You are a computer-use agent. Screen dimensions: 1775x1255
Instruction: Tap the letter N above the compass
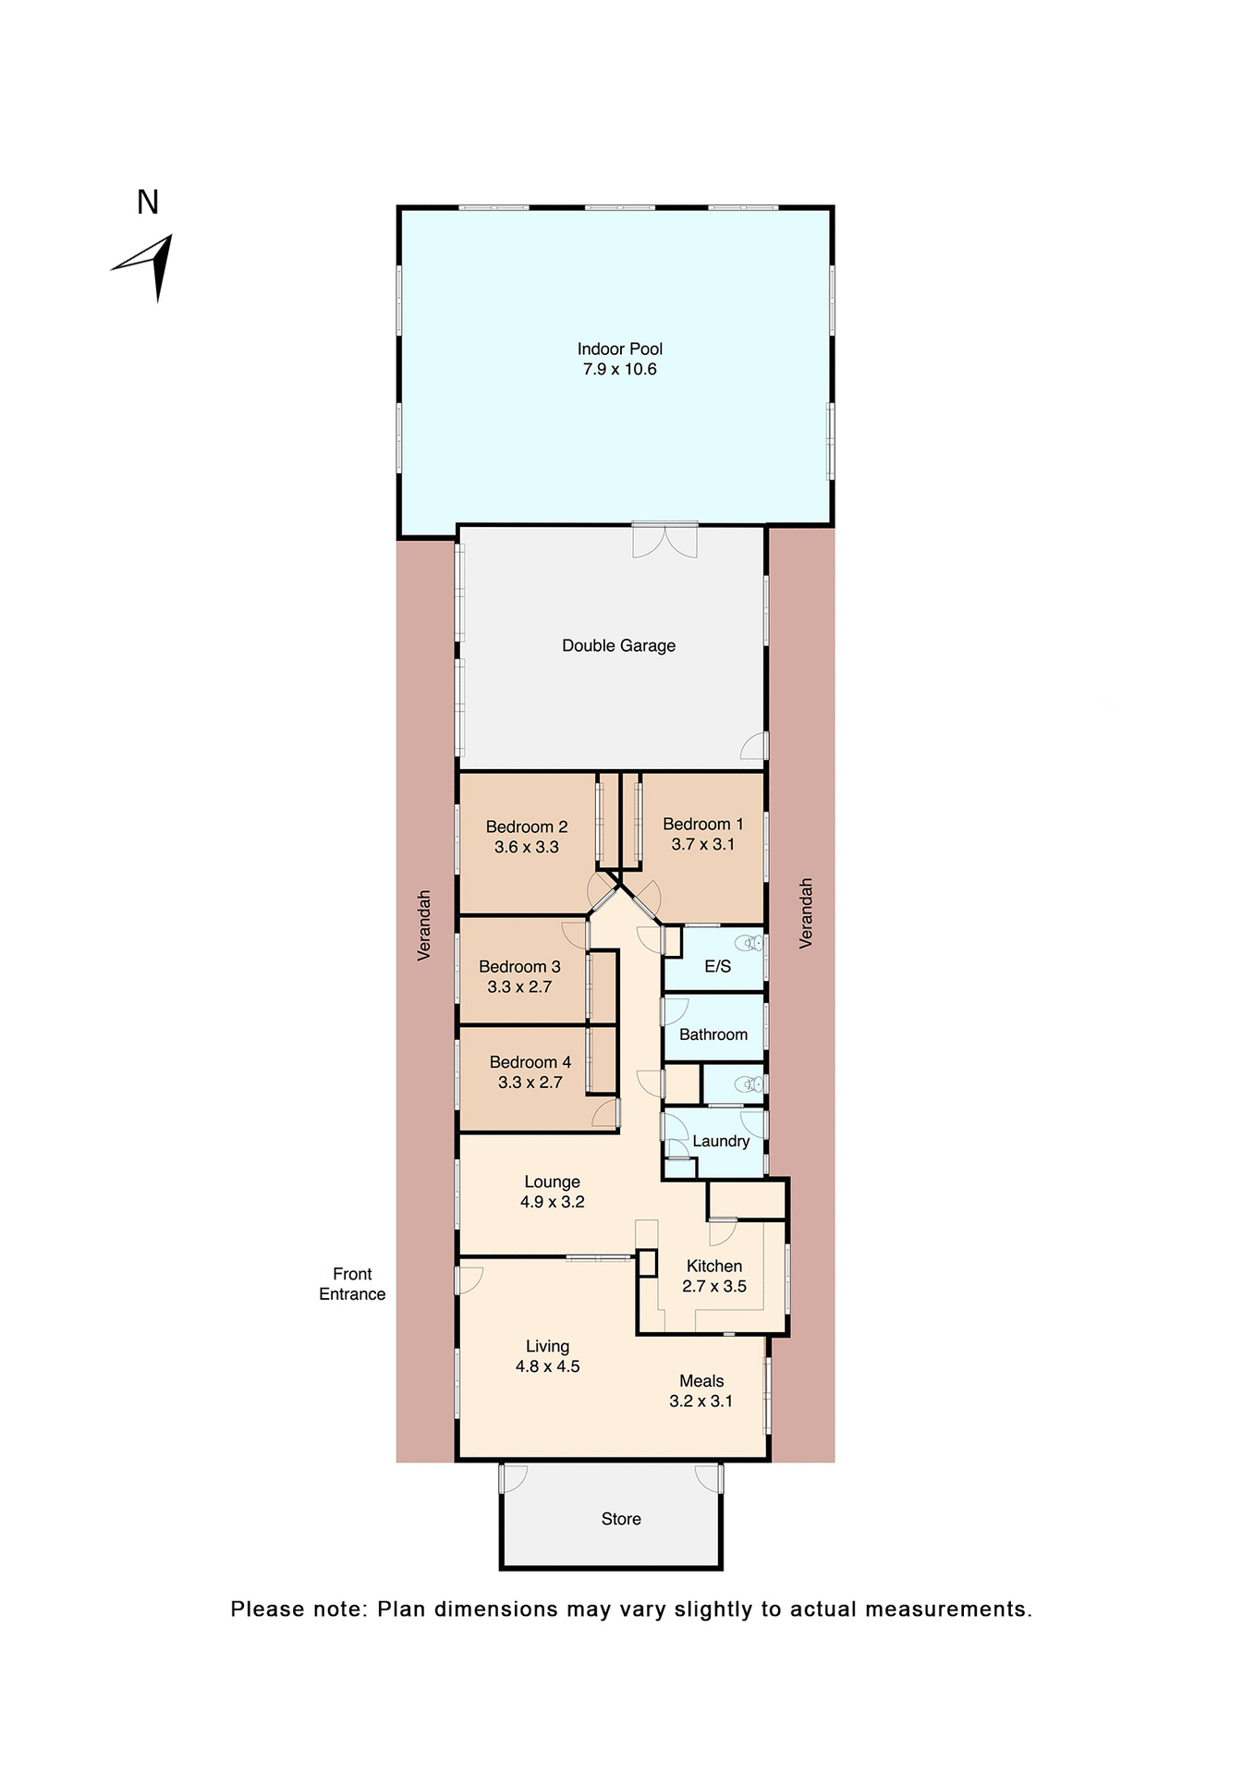148,202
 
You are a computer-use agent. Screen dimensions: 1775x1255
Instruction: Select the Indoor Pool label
620,349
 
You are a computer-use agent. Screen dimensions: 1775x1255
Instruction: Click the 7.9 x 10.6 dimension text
619,369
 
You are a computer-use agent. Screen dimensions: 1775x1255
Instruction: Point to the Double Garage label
618,645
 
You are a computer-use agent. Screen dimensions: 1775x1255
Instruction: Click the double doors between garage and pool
664,541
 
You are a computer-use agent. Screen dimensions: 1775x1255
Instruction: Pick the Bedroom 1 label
702,824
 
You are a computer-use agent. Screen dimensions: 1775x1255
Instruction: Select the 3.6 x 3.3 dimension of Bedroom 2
526,847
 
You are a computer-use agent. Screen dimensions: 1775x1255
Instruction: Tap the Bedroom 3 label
519,966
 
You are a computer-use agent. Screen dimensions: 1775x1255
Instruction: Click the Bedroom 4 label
530,1062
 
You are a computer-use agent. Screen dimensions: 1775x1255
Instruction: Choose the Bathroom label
713,1034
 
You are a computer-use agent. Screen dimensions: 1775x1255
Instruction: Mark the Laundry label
721,1141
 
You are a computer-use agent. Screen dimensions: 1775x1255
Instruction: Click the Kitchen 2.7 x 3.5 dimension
713,1286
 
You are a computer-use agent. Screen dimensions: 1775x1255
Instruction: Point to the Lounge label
552,1181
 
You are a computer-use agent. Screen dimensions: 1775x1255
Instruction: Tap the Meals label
701,1380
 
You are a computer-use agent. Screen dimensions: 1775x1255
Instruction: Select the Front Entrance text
352,1284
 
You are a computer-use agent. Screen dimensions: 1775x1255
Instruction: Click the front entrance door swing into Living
469,1279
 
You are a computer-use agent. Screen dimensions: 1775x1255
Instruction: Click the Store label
620,1519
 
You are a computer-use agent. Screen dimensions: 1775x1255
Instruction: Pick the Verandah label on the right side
806,912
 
